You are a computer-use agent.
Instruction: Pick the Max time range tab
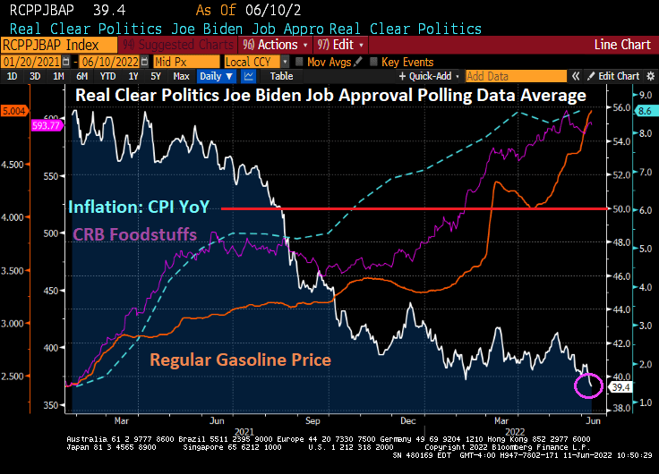[181, 76]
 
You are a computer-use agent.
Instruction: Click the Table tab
[281, 76]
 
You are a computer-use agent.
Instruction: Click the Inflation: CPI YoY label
[138, 207]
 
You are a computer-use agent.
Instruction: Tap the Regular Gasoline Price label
[240, 360]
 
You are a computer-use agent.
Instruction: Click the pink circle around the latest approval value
[588, 385]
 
